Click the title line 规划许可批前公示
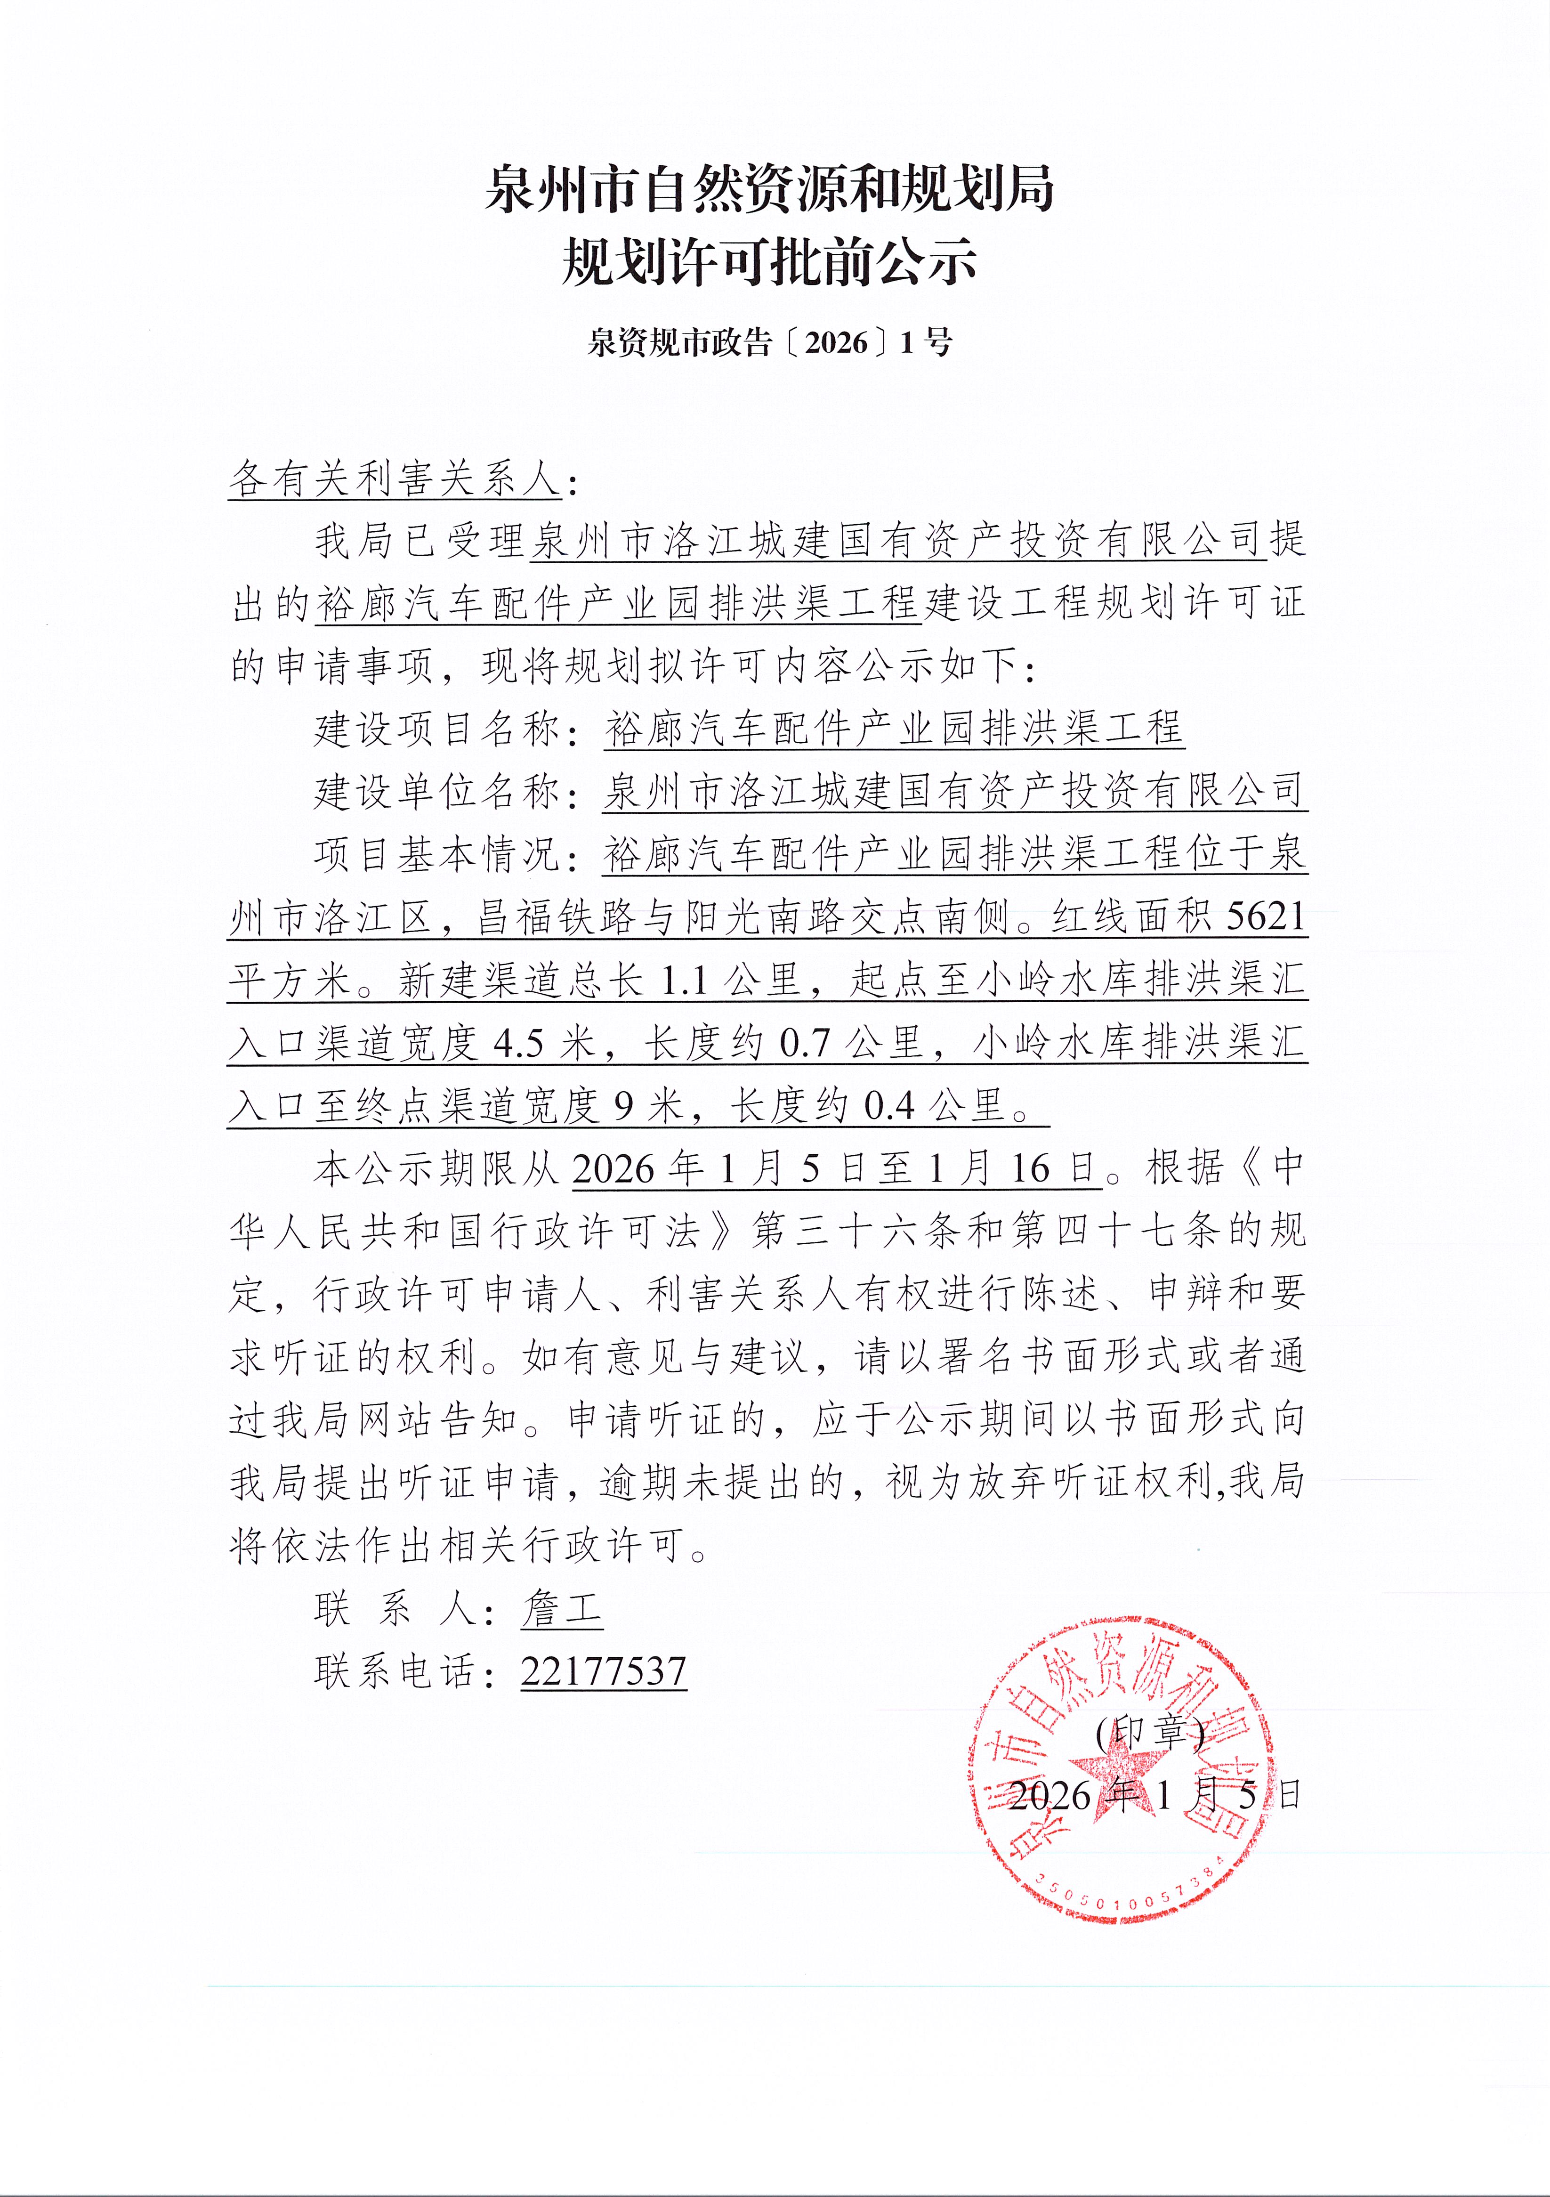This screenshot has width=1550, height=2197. [x=768, y=261]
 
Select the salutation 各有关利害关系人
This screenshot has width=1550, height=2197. [x=394, y=478]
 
